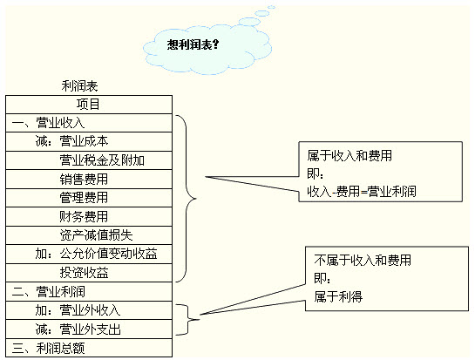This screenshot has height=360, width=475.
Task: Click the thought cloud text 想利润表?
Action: (193, 44)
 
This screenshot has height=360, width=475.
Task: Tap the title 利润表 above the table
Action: (79, 86)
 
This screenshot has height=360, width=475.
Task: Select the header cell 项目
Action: (88, 105)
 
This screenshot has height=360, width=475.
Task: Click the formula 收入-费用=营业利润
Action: (362, 192)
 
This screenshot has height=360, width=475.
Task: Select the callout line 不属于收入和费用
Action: (363, 261)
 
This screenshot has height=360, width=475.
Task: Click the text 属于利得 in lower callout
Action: (338, 296)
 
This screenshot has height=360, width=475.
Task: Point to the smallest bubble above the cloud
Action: (272, 7)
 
